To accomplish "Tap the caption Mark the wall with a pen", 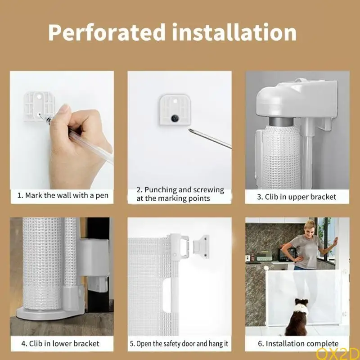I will (63, 196).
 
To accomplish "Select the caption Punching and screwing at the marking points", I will (180, 194).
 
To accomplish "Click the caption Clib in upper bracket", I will (297, 197).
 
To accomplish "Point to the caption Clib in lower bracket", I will (60, 343).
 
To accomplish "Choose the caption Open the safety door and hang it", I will (179, 343).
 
